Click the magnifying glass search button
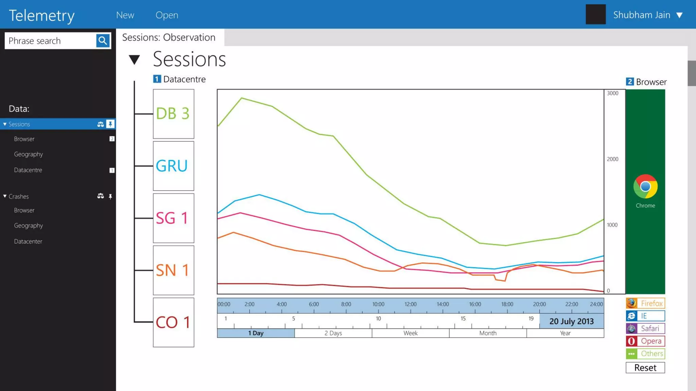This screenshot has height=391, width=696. click(x=103, y=41)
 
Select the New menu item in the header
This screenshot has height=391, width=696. click(x=125, y=15)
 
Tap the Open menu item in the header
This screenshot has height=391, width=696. click(x=167, y=15)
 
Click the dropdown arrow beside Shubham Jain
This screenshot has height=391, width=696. click(x=679, y=15)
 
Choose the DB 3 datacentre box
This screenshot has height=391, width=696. click(x=173, y=114)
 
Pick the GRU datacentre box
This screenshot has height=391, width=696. click(x=173, y=166)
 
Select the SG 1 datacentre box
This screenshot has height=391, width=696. click(x=173, y=218)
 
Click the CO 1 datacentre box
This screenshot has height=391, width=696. click(x=173, y=322)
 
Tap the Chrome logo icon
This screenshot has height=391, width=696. click(x=645, y=186)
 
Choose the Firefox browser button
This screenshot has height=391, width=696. click(x=645, y=303)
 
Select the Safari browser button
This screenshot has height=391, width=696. click(x=645, y=329)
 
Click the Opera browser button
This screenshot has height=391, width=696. click(x=645, y=341)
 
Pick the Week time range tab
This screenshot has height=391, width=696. click(x=411, y=333)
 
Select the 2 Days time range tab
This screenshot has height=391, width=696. click(x=333, y=333)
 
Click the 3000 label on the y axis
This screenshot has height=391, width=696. click(x=612, y=93)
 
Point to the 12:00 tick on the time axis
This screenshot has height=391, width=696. click(x=411, y=304)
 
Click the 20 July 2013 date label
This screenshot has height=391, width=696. click(x=571, y=321)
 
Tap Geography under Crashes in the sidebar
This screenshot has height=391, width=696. click(x=29, y=226)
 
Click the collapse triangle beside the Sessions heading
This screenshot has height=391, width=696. click(x=134, y=60)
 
